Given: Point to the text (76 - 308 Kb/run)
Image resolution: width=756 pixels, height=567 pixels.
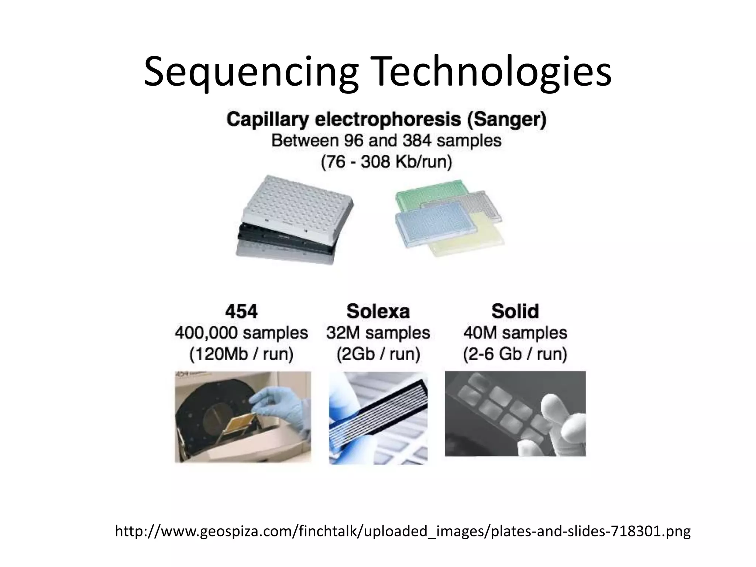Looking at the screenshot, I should pyautogui.click(x=386, y=162).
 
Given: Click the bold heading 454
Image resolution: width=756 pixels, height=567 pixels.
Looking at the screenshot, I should pyautogui.click(x=241, y=311).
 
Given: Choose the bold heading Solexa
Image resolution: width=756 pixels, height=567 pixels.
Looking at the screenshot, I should pyautogui.click(x=378, y=311).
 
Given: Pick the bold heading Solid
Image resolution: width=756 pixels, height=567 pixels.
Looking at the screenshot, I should pyautogui.click(x=515, y=311).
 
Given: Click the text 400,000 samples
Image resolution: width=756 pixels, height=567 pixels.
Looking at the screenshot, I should pyautogui.click(x=241, y=333).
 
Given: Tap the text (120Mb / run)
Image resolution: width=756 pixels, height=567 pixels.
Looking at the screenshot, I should pyautogui.click(x=241, y=354).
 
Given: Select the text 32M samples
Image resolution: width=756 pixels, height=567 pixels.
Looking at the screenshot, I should pyautogui.click(x=378, y=333).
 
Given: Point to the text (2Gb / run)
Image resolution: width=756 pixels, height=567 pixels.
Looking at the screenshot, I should pyautogui.click(x=378, y=354).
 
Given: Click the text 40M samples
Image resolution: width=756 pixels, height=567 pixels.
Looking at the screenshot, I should pyautogui.click(x=515, y=333).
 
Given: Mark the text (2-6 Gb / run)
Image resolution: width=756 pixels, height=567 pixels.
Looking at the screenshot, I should pyautogui.click(x=515, y=354).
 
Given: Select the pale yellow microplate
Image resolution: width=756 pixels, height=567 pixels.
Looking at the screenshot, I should pyautogui.click(x=469, y=240).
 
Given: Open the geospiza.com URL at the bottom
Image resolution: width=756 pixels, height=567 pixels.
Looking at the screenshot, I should pyautogui.click(x=403, y=532).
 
